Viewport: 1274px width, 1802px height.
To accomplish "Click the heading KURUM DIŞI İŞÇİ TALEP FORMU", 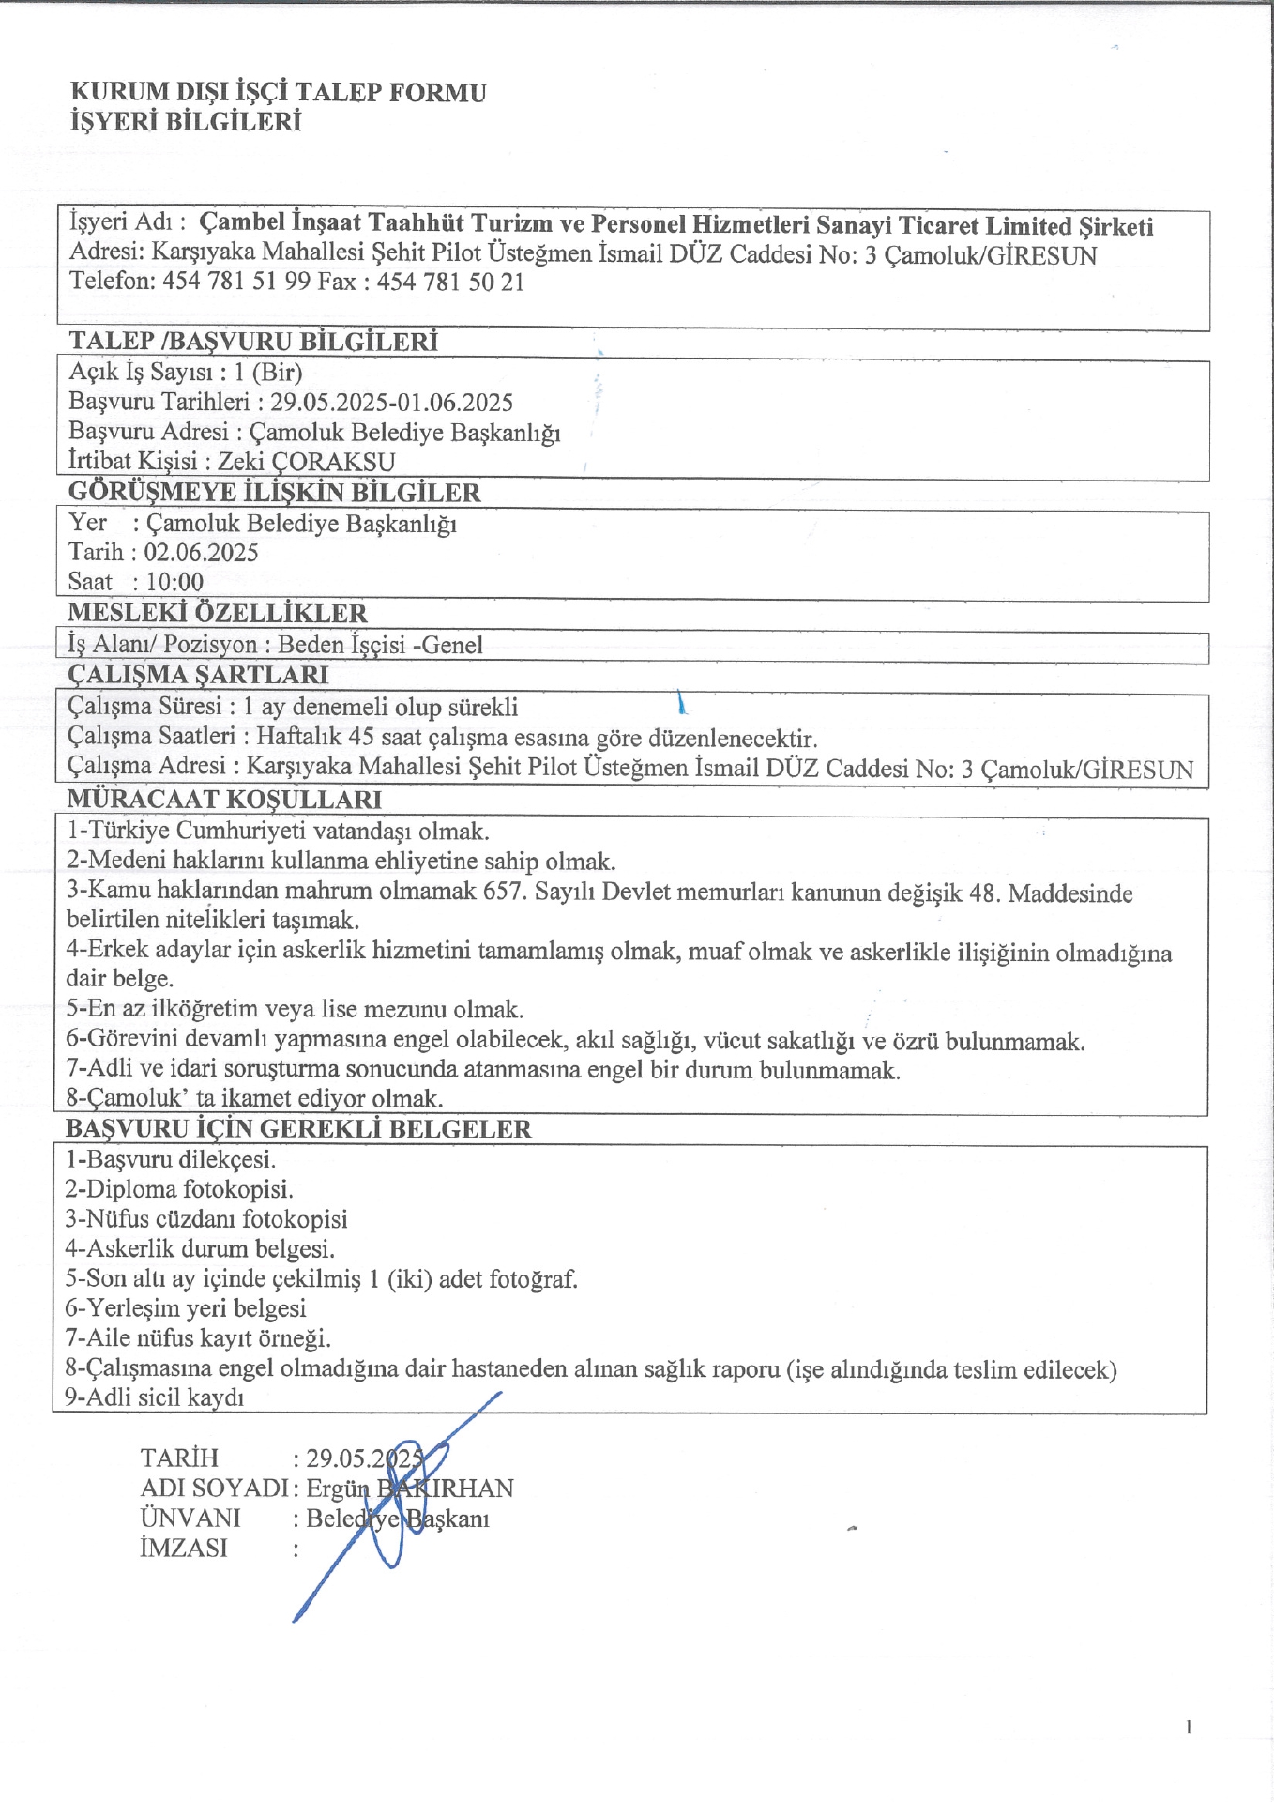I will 279,92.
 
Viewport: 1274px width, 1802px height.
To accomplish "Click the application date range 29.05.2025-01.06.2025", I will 391,403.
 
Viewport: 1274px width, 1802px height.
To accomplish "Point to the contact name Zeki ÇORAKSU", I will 306,462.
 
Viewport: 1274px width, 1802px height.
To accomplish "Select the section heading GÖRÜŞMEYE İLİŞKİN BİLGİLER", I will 274,493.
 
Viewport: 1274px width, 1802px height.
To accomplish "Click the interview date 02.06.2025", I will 201,552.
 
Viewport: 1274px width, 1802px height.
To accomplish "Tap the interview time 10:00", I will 174,582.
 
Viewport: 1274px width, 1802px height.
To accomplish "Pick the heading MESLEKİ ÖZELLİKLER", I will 217,613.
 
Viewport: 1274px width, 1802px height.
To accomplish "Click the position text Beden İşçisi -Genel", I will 380,645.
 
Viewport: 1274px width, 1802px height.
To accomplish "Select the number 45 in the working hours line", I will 362,737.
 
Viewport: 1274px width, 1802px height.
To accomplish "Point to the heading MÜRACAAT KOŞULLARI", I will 224,800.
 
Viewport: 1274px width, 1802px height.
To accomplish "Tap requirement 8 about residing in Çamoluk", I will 254,1098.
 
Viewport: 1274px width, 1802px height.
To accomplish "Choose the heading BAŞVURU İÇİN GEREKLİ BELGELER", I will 298,1128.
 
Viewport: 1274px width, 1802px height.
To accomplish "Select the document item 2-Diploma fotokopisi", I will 179,1189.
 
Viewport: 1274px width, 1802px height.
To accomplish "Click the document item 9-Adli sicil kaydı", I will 155,1397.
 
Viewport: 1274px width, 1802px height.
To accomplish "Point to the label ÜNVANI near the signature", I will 190,1519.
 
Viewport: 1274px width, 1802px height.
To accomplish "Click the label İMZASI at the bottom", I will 184,1549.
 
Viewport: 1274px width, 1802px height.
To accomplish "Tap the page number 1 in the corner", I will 1189,1727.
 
